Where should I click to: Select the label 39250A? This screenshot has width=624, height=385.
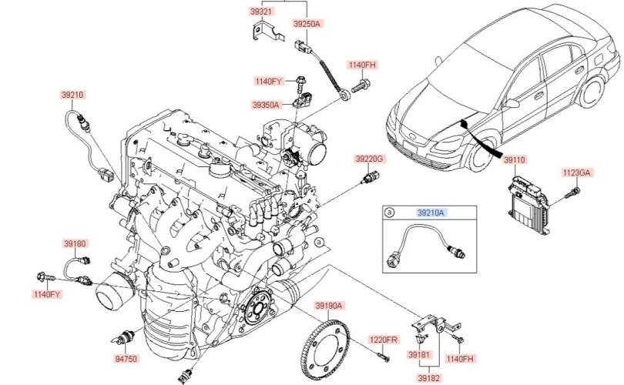point(307,24)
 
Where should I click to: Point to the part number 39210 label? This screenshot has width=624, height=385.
point(73,95)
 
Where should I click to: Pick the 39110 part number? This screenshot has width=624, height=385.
point(515,159)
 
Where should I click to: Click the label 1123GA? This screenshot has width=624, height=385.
point(575,172)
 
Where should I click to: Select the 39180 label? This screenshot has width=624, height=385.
point(75,243)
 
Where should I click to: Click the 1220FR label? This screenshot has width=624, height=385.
point(382,340)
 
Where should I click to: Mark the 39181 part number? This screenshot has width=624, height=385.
point(419,354)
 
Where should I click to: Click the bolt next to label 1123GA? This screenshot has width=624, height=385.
point(571,192)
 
